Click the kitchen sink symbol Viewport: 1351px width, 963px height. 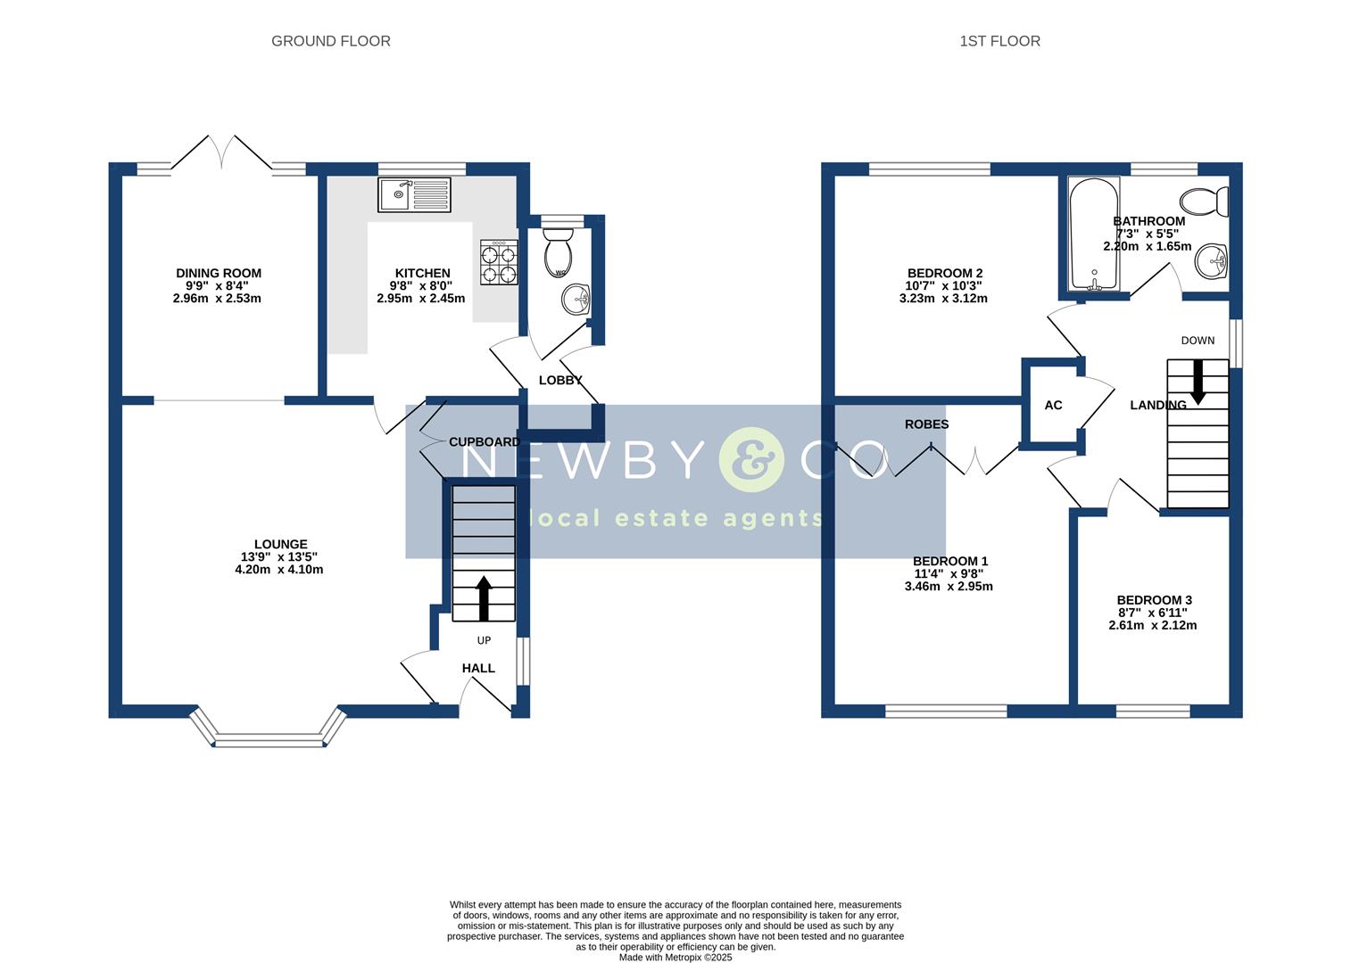(414, 194)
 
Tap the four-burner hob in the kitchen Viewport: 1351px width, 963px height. (499, 263)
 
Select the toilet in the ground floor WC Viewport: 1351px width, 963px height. (560, 252)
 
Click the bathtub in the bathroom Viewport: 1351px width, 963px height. (1093, 234)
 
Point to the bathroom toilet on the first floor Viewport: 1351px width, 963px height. (1206, 202)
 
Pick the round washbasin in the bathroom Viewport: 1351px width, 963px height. (1211, 260)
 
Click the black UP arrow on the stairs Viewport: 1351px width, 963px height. (484, 597)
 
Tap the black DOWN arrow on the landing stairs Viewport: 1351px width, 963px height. (1197, 381)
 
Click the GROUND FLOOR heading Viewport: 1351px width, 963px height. (330, 41)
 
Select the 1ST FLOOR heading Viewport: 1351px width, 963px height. (999, 41)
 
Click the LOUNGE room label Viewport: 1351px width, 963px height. (280, 544)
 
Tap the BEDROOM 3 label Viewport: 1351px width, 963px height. (1154, 600)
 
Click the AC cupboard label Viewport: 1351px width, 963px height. (1053, 405)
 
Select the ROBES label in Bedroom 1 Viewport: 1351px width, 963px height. (926, 424)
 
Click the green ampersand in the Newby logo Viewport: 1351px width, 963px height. (750, 460)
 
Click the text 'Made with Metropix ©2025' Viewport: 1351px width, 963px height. (675, 957)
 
